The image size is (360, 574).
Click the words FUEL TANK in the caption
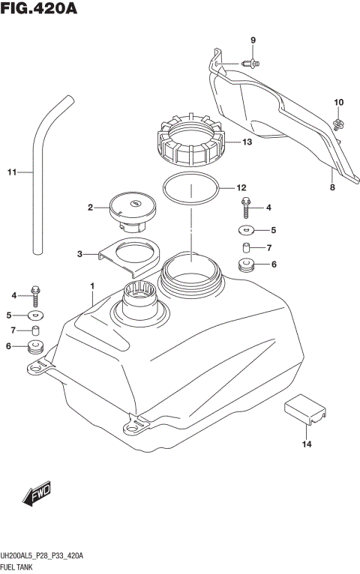[24, 567]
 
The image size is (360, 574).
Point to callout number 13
[247, 142]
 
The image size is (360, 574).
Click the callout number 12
[241, 187]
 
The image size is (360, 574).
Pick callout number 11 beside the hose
[11, 173]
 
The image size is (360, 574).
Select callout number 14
[306, 445]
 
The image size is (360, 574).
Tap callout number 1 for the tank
[91, 286]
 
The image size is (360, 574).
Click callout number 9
[253, 40]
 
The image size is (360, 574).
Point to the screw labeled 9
[252, 64]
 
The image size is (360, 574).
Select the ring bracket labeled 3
[131, 255]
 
